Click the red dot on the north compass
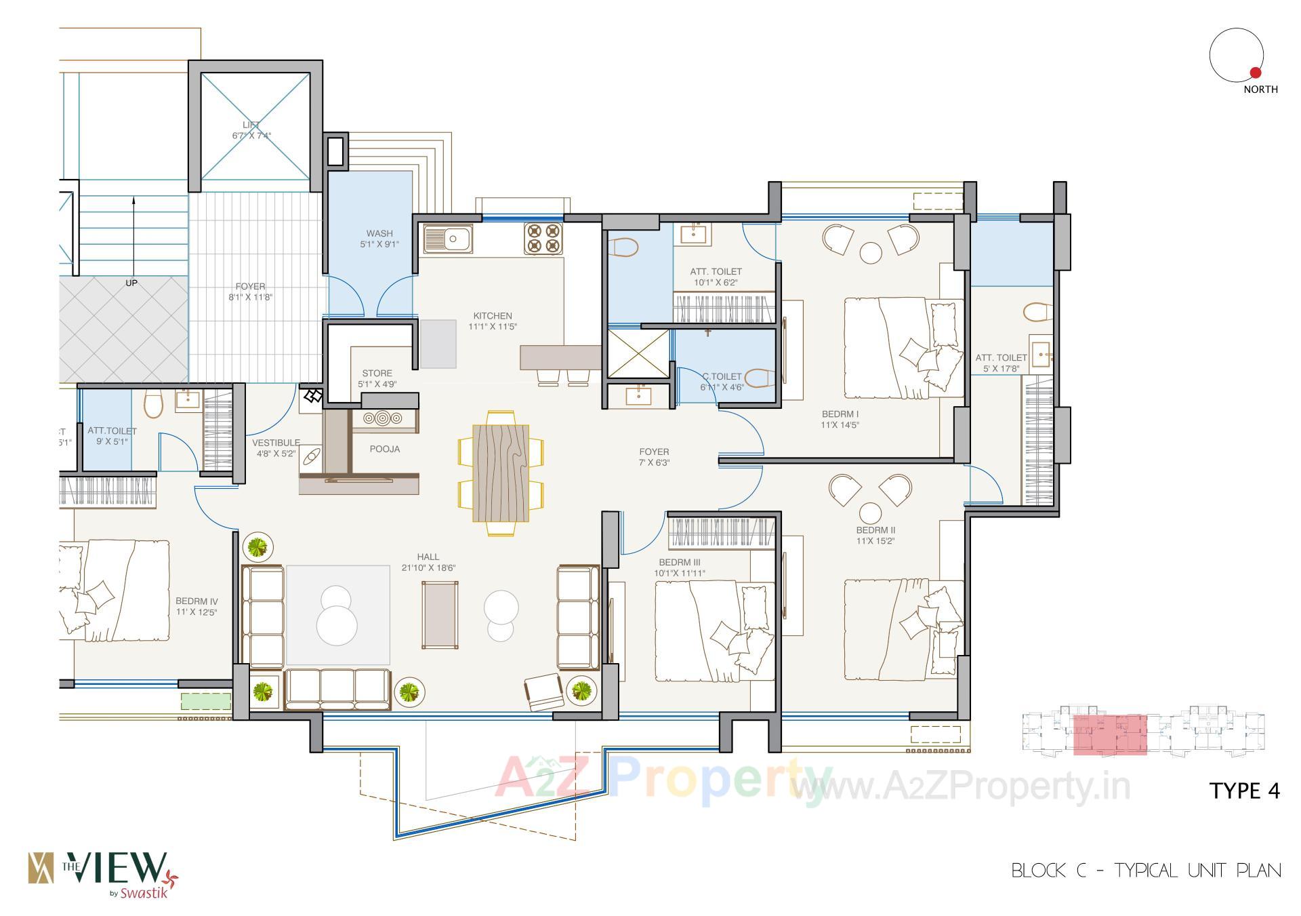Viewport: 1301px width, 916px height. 1255,73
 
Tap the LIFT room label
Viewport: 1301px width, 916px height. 251,125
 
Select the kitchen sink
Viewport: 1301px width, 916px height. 448,239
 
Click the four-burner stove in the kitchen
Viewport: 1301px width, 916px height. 543,239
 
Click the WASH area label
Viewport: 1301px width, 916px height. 379,233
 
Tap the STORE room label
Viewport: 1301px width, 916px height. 377,373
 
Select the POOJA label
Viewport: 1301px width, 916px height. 384,449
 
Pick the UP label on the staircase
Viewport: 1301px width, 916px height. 131,283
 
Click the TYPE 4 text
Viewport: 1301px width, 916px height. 1245,791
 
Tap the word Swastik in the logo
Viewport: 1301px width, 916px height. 144,893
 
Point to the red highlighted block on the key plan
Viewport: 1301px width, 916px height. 1109,734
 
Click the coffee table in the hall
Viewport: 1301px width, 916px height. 439,616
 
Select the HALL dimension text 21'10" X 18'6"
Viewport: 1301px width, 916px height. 428,567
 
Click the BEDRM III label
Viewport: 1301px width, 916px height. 679,562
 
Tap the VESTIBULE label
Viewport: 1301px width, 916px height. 276,443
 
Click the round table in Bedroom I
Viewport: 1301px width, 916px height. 871,253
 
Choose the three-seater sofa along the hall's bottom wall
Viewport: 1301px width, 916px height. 337,689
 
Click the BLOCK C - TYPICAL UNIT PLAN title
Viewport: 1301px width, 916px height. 1146,871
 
